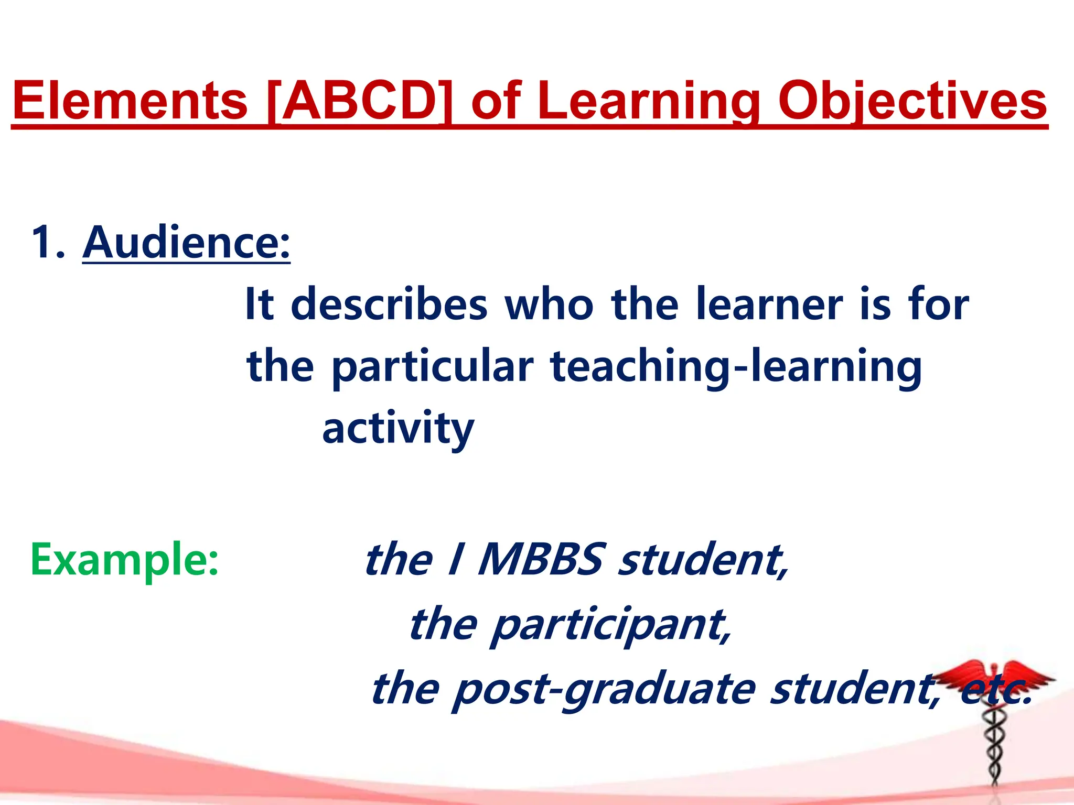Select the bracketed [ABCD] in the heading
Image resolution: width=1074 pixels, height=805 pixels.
(359, 101)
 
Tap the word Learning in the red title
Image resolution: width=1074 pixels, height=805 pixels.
(648, 101)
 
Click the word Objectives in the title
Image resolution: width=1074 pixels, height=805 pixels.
(912, 101)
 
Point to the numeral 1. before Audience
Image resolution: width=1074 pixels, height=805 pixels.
(48, 242)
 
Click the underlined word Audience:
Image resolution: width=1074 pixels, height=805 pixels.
(186, 242)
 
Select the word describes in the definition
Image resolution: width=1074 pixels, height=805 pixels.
(389, 305)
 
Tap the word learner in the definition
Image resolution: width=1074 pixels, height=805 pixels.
(769, 305)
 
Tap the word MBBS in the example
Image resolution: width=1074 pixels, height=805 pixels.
(540, 560)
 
